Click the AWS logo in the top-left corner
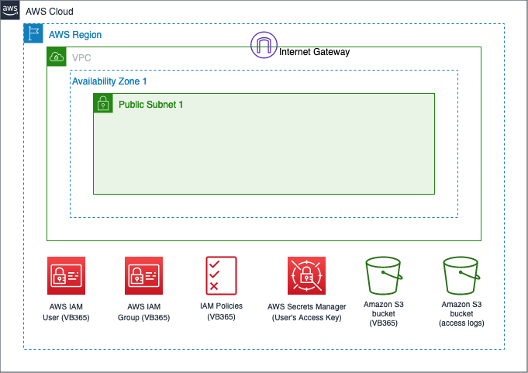coord(10,10)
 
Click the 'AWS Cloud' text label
coord(50,12)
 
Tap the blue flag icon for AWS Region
coord(33,33)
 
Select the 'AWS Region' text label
coord(75,35)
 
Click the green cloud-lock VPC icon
coord(57,57)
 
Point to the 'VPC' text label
coord(81,58)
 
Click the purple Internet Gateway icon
coord(264,45)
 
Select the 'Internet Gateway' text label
coord(314,52)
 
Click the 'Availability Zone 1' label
coord(109,81)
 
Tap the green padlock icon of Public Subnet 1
coord(103,103)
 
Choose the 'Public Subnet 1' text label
coord(150,104)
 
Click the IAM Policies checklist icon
coord(221,276)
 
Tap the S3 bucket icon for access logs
coord(461,276)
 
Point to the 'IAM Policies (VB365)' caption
coord(221,311)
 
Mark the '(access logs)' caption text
coord(461,323)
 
